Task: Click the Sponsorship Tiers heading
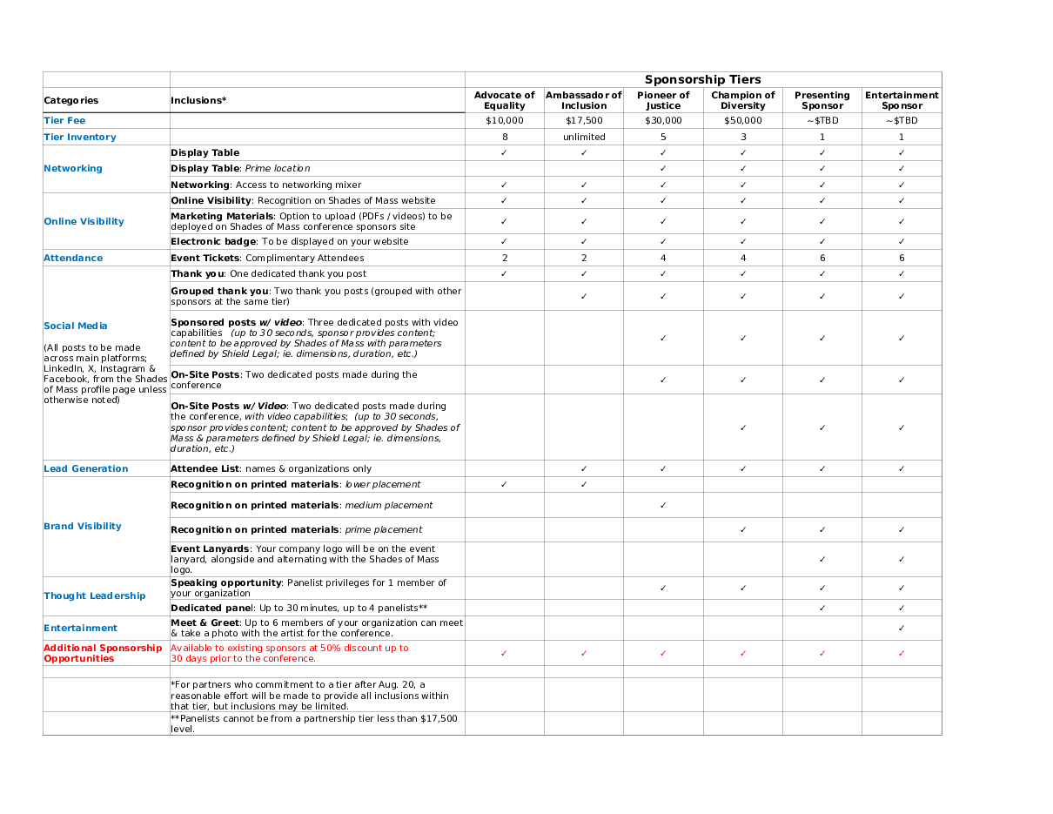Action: (702, 80)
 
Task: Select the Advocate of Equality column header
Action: (505, 100)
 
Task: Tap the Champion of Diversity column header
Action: (742, 100)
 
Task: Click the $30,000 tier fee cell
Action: (663, 121)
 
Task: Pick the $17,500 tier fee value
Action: (584, 121)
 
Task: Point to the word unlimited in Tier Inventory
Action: (584, 138)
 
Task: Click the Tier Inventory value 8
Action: (505, 138)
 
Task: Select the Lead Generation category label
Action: (86, 469)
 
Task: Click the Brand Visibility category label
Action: (83, 527)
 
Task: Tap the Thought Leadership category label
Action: (95, 596)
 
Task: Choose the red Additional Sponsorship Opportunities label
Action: (103, 654)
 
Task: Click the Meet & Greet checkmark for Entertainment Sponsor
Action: (902, 629)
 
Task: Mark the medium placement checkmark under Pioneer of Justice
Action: (663, 506)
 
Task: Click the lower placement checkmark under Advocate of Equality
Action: (505, 485)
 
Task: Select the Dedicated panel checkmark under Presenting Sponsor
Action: (822, 609)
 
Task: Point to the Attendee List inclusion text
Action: (271, 469)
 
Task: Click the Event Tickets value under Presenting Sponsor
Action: (822, 259)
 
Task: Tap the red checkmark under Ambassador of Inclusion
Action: (584, 654)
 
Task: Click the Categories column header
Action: (71, 101)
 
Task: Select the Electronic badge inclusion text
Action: (289, 242)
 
